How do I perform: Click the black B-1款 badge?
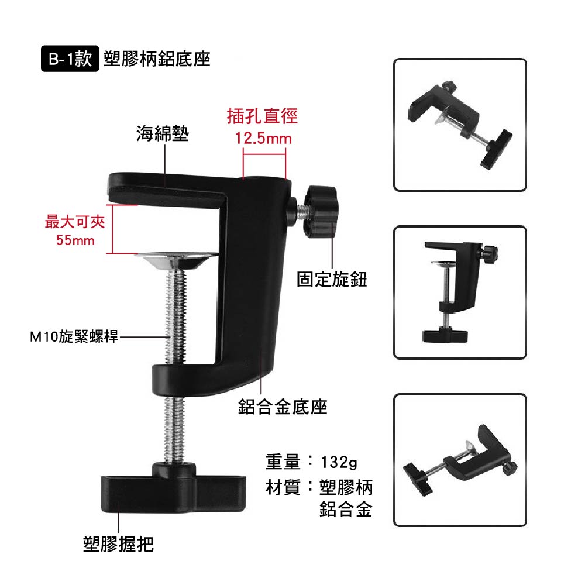pyautogui.click(x=70, y=58)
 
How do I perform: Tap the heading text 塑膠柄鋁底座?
pyautogui.click(x=157, y=59)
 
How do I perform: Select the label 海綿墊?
pyautogui.click(x=163, y=133)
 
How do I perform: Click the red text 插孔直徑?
pyautogui.click(x=262, y=116)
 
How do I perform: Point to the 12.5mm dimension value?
pyautogui.click(x=263, y=139)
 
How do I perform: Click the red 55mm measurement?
pyautogui.click(x=75, y=240)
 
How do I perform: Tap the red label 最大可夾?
pyautogui.click(x=75, y=222)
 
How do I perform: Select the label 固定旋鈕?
pyautogui.click(x=332, y=280)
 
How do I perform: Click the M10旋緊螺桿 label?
pyautogui.click(x=74, y=336)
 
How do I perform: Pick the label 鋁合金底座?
pyautogui.click(x=283, y=407)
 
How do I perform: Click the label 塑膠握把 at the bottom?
pyautogui.click(x=118, y=544)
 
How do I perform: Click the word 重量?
pyautogui.click(x=283, y=462)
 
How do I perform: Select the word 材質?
pyautogui.click(x=283, y=487)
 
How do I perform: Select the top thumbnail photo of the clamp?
pyautogui.click(x=460, y=125)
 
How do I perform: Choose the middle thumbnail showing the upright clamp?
pyautogui.click(x=460, y=292)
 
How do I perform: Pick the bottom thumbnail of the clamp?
pyautogui.click(x=460, y=460)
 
